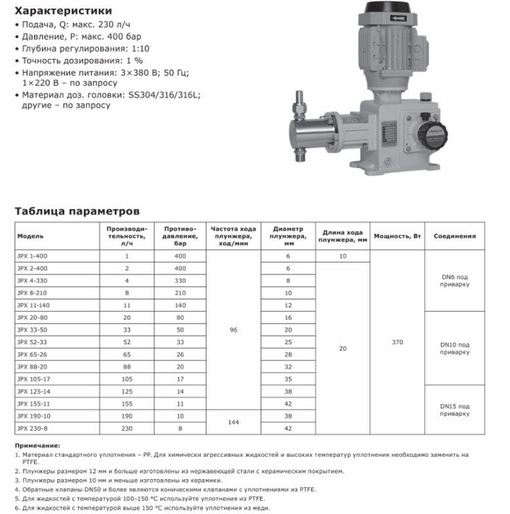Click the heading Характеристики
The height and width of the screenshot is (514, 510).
(x=63, y=11)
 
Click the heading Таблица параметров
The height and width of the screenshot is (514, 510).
(x=77, y=211)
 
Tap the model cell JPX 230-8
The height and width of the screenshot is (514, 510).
(x=31, y=429)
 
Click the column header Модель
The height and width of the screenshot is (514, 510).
(x=31, y=236)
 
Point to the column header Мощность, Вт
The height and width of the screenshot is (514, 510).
(x=397, y=236)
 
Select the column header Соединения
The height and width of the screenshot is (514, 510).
(x=455, y=236)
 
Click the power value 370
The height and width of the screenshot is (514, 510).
(x=397, y=342)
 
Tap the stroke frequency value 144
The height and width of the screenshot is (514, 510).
(x=234, y=423)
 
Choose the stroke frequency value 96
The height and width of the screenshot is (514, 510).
(x=234, y=330)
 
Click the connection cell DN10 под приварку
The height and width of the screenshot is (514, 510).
(x=455, y=348)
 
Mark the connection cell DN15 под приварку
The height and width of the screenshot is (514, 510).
(x=455, y=410)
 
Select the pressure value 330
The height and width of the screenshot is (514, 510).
(x=181, y=280)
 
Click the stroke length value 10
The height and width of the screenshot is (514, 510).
(x=343, y=255)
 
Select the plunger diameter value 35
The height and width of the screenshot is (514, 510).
(x=287, y=379)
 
